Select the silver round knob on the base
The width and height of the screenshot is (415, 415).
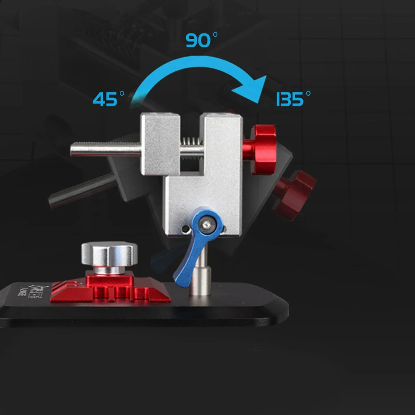(x=109, y=254)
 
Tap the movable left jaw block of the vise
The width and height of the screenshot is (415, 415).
(x=160, y=144)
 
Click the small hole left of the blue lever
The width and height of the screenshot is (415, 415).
(x=185, y=229)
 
